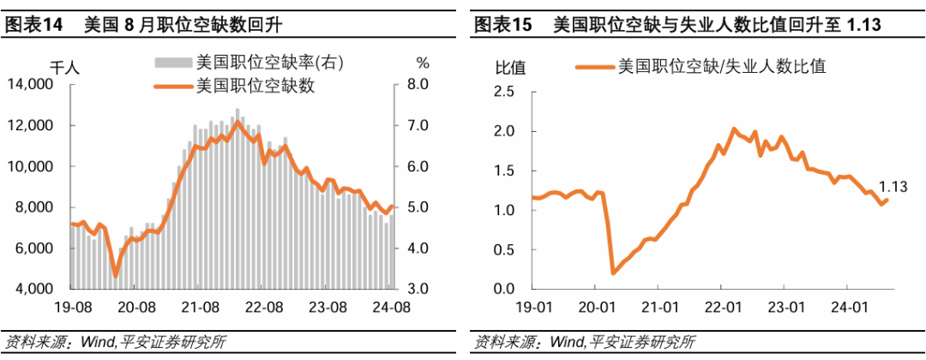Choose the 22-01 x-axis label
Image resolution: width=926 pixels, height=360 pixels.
pyautogui.click(x=723, y=306)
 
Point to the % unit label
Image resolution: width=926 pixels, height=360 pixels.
pyautogui.click(x=422, y=63)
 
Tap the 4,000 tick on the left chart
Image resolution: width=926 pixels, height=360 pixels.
pyautogui.click(x=33, y=289)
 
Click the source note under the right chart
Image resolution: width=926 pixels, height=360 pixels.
pyautogui.click(x=584, y=342)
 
